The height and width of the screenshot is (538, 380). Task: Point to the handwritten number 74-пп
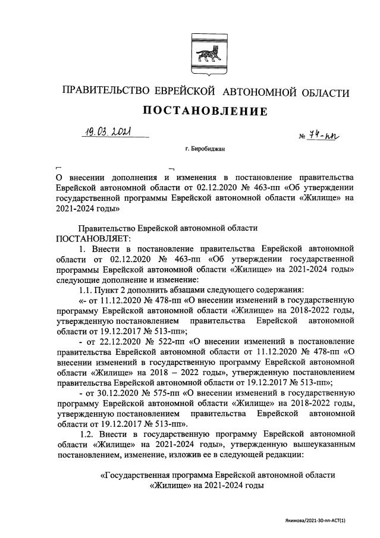click(x=319, y=136)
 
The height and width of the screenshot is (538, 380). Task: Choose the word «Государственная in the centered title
click(x=142, y=476)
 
